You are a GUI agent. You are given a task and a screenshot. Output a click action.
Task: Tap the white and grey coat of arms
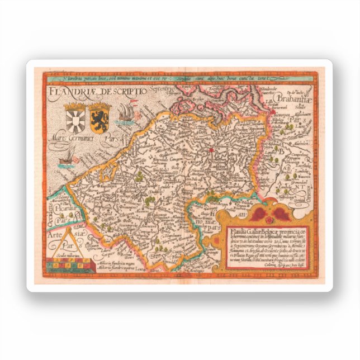click(x=75, y=119)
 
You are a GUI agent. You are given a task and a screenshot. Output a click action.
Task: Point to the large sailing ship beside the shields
click(x=126, y=115)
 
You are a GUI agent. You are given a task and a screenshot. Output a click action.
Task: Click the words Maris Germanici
click(x=78, y=138)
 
